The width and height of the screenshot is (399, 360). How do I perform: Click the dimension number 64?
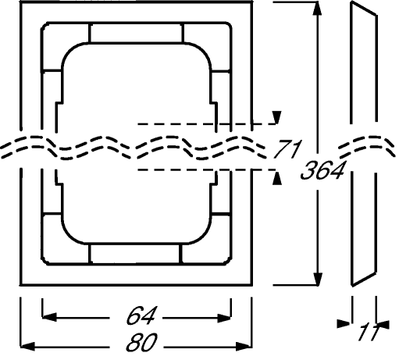pos(141,315)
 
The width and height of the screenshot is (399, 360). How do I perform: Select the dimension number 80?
pos(142,342)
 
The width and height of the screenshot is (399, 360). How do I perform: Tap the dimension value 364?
pos(322,170)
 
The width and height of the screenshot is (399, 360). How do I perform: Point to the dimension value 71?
pos(287,149)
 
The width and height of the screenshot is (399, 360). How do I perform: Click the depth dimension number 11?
pos(369,331)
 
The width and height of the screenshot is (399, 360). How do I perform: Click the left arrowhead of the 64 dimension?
pos(49,317)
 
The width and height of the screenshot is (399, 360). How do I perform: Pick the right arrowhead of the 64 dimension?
pos(224,318)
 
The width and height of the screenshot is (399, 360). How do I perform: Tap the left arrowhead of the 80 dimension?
pos(27,347)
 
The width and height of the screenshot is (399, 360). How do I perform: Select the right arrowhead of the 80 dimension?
pos(244,347)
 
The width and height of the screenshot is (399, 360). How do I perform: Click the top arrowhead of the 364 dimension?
pos(317,9)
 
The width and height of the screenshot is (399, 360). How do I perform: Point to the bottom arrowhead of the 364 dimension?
pos(318,279)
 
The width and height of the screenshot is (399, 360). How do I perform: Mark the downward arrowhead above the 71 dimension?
pos(277,117)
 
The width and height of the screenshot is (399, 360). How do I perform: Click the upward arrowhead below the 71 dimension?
pos(277,178)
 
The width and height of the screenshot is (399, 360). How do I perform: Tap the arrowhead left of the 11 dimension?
pos(344,324)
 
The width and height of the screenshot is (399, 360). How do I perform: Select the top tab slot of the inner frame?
pos(137,33)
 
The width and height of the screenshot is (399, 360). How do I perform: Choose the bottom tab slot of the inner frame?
pos(136,254)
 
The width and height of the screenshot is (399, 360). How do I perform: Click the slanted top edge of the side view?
pos(364,9)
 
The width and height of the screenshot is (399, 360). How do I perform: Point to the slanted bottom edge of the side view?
pos(364,279)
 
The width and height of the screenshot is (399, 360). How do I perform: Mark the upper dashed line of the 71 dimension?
pos(207,124)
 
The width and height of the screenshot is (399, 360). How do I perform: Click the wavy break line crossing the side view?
pos(368,148)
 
